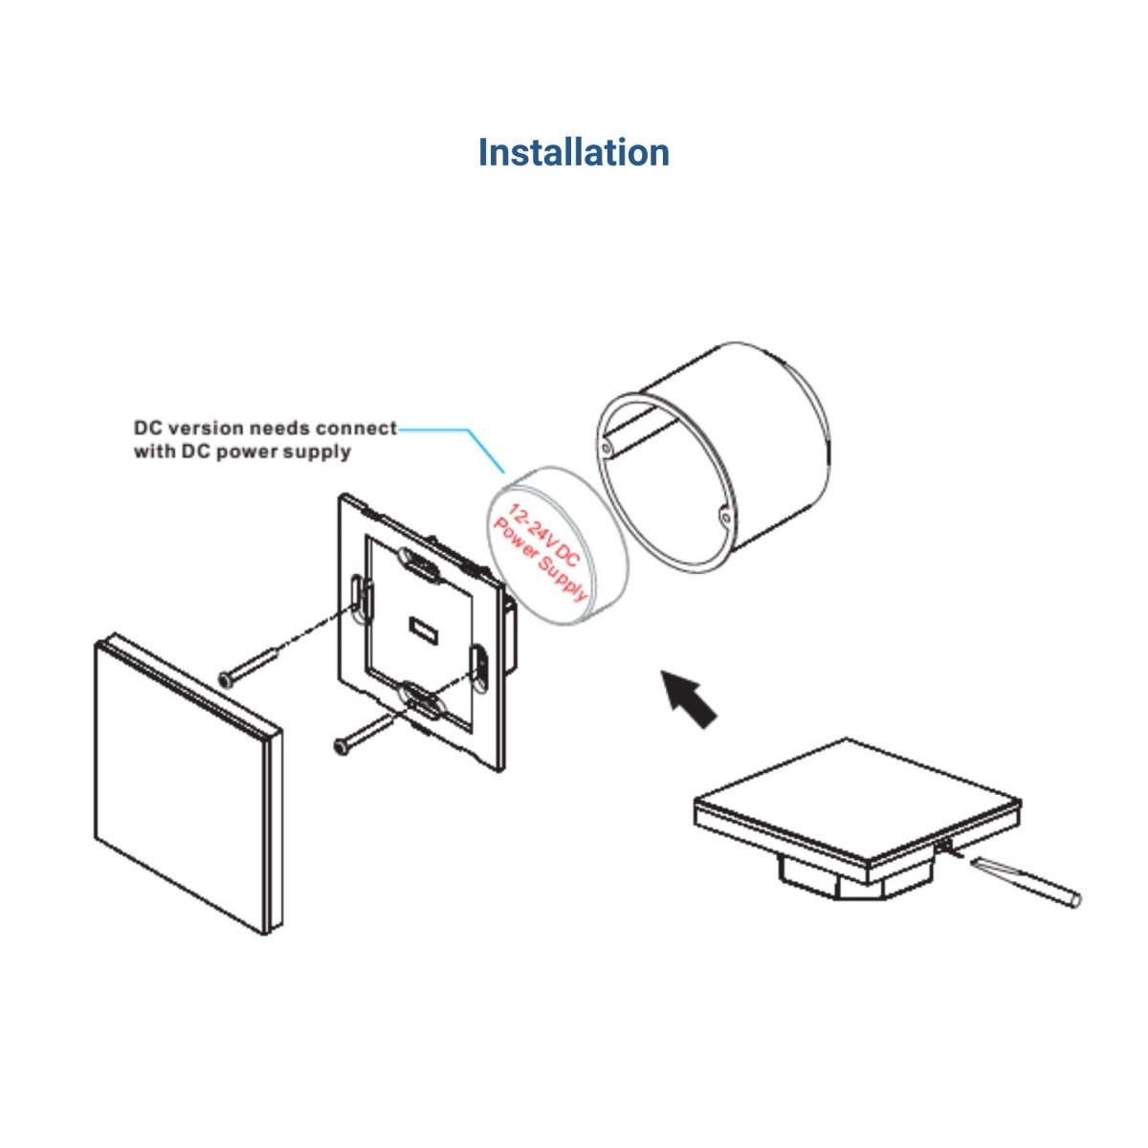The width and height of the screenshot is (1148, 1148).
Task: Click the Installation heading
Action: coord(574,152)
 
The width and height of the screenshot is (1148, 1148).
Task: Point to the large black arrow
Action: coord(690,698)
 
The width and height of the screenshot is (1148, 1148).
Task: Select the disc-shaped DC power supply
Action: coord(559,545)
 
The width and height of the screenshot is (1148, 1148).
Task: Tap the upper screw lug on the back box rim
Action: coord(607,448)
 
